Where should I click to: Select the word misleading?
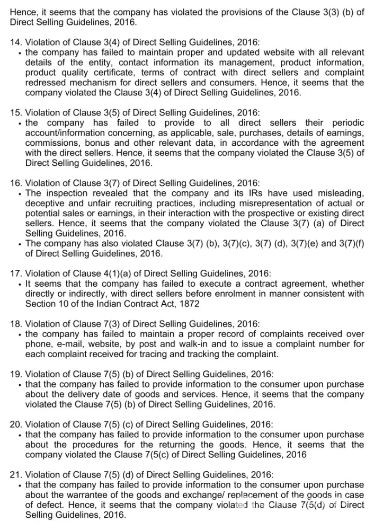[339, 193]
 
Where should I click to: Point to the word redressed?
[47, 83]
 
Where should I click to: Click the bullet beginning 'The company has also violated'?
[20, 244]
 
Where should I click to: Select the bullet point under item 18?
[20, 334]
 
